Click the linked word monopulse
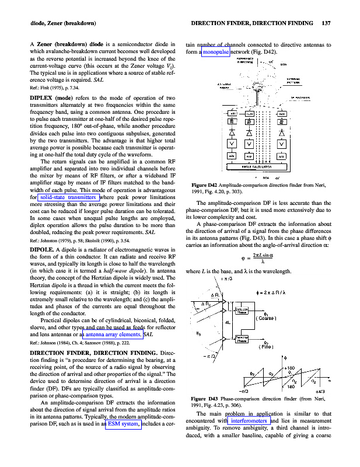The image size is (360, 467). [216, 52]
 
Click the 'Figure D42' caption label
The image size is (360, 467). [205, 186]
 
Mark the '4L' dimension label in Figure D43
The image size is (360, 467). [229, 322]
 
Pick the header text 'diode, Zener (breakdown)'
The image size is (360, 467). [55, 23]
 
